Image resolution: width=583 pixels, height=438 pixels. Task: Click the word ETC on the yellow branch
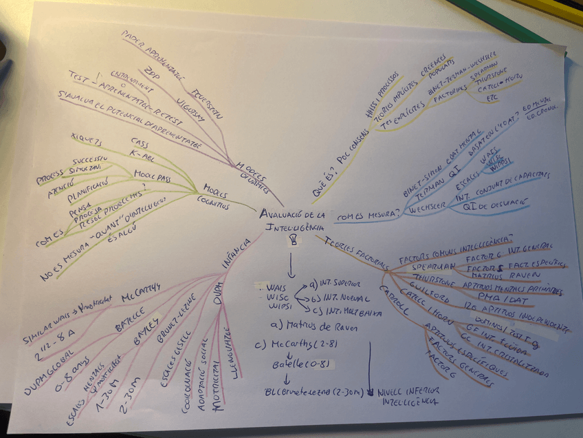[492, 98]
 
